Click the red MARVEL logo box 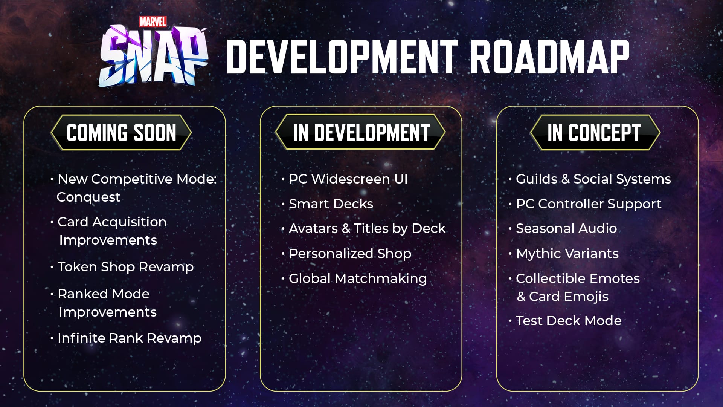point(153,22)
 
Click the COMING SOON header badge point(121,133)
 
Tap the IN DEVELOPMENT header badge point(361,132)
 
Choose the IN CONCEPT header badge point(595,133)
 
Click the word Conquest point(88,197)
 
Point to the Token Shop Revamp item point(126,267)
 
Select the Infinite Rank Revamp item point(130,338)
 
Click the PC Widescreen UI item point(348,179)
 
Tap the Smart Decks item point(331,204)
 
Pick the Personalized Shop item point(350,254)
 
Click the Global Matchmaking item point(358,278)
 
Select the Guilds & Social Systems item point(593,179)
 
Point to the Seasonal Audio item point(566,228)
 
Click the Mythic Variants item point(567,254)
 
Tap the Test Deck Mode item point(569,321)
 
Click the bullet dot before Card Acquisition point(52,222)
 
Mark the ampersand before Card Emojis point(521,297)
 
